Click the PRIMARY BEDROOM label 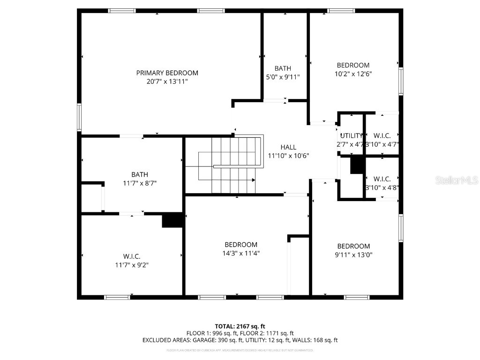(167, 73)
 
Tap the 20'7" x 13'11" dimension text (167, 82)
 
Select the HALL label (288, 147)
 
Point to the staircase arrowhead (254, 180)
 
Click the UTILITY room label (352, 136)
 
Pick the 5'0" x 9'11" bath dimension (283, 77)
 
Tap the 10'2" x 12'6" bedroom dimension (353, 74)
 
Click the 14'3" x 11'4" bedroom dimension (241, 253)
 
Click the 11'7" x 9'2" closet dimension (132, 265)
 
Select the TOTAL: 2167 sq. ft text (240, 326)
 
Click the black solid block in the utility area (358, 165)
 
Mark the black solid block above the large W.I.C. (172, 220)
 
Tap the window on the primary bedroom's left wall (79, 117)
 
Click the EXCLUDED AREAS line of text (240, 340)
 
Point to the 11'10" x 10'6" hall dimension (288, 156)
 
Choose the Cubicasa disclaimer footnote (240, 350)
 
